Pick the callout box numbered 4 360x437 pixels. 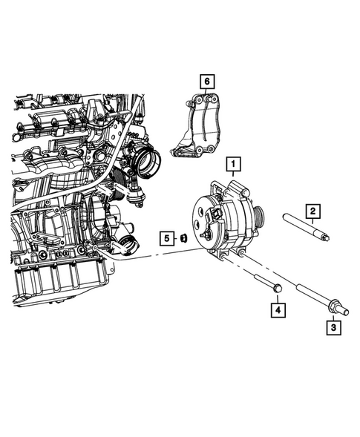276,309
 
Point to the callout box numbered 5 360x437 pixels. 168,238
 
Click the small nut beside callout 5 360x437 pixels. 183,239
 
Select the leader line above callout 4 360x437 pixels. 276,296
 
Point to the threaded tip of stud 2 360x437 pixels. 326,238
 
